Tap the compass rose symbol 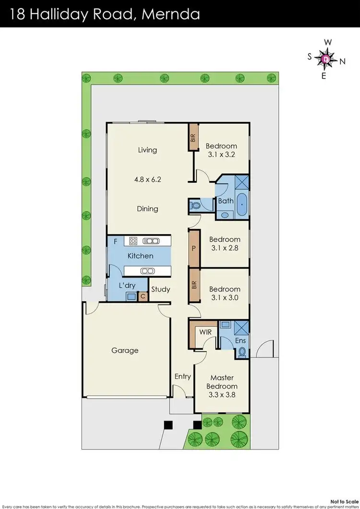(326, 59)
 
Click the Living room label (147, 150)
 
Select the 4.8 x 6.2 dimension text (147, 180)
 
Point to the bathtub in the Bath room (241, 205)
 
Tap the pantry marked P (193, 249)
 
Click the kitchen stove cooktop (133, 241)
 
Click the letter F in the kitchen (115, 242)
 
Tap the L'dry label (127, 285)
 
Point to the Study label (160, 290)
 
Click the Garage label (125, 351)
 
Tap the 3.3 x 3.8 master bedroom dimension (221, 395)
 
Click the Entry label (182, 376)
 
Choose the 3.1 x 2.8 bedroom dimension (224, 248)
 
